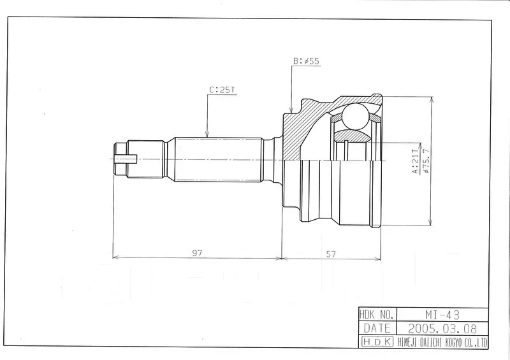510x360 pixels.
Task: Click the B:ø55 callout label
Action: (306, 61)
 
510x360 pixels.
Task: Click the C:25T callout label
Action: (222, 90)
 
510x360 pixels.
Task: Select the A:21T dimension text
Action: (416, 161)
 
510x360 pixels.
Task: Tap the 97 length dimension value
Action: (197, 253)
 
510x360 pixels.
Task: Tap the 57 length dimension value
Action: (331, 254)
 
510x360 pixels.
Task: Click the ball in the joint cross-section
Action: (355, 116)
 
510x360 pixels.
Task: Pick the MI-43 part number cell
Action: (442, 315)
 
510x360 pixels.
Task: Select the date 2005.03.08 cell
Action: (442, 328)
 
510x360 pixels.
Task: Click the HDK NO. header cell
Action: (378, 315)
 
